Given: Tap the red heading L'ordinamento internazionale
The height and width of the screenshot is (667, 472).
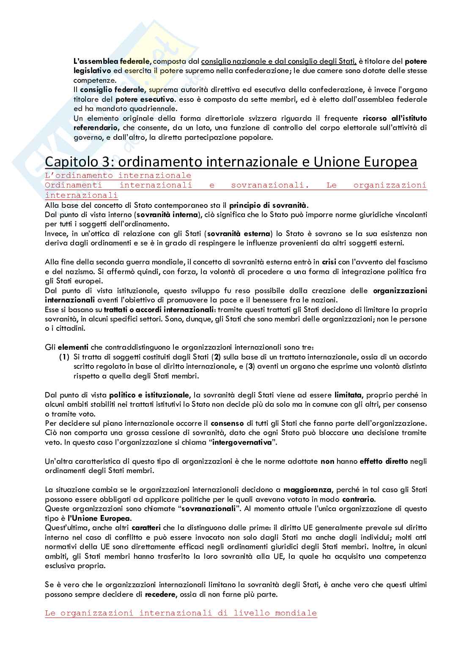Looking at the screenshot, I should pyautogui.click(x=118, y=175).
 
